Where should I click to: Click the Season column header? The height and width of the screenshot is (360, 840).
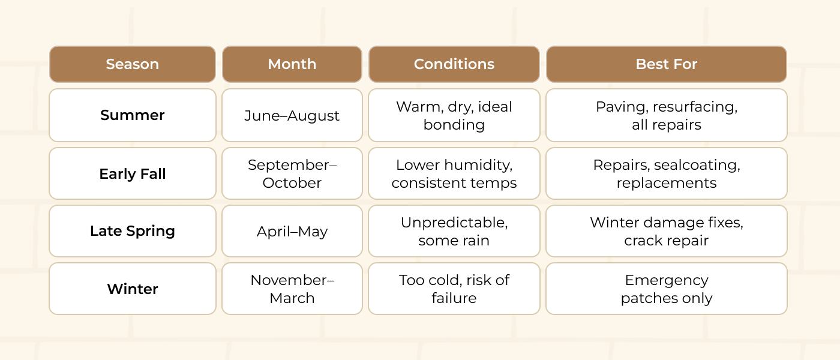(x=133, y=64)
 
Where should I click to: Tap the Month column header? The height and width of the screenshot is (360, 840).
(x=292, y=64)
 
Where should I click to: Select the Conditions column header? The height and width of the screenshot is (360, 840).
(x=454, y=64)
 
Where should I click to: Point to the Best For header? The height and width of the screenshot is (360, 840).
(x=667, y=64)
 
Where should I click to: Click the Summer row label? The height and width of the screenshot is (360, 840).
(x=133, y=115)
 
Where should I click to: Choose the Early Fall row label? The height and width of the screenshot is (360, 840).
(x=133, y=173)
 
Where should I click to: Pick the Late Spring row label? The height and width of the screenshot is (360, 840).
(x=133, y=231)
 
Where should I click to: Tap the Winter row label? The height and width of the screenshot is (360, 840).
(x=133, y=289)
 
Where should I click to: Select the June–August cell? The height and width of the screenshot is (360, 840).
(x=292, y=115)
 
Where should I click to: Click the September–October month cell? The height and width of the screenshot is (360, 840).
(x=292, y=173)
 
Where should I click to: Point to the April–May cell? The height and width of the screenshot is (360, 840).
(x=292, y=231)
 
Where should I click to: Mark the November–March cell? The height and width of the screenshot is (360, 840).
(x=292, y=289)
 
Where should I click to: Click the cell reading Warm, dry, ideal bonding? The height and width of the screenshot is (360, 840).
(x=454, y=115)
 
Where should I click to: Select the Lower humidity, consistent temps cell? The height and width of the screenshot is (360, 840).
(x=454, y=173)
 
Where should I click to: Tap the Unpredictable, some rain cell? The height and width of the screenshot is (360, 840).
(x=454, y=231)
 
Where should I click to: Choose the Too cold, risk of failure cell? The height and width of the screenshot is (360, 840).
(x=454, y=289)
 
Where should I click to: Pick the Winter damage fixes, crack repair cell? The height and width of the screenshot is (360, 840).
(x=667, y=231)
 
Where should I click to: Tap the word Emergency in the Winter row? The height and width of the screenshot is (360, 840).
(x=667, y=281)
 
